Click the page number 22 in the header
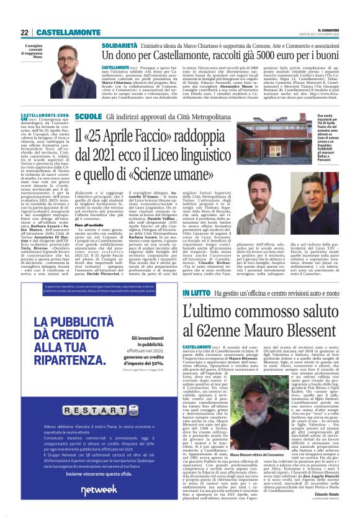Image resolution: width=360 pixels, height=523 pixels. [24, 32]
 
